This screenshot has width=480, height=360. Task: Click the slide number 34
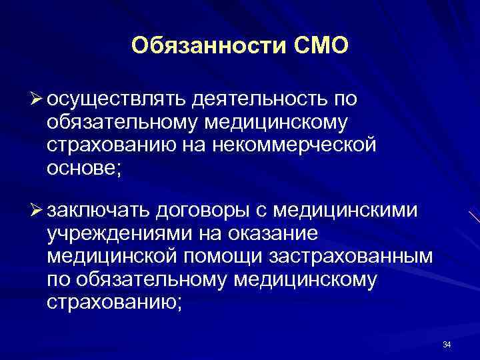[447, 345]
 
